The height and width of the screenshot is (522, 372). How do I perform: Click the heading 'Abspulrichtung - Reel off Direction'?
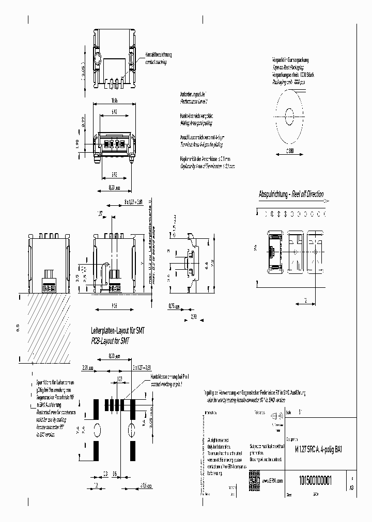(x=291, y=194)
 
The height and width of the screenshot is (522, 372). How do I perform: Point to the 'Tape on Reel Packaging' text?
(x=288, y=68)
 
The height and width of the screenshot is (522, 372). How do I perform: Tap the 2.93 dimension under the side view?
(x=194, y=315)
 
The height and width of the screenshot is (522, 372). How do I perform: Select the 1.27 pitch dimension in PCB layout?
(x=119, y=379)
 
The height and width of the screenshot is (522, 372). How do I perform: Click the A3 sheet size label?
(x=352, y=487)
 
